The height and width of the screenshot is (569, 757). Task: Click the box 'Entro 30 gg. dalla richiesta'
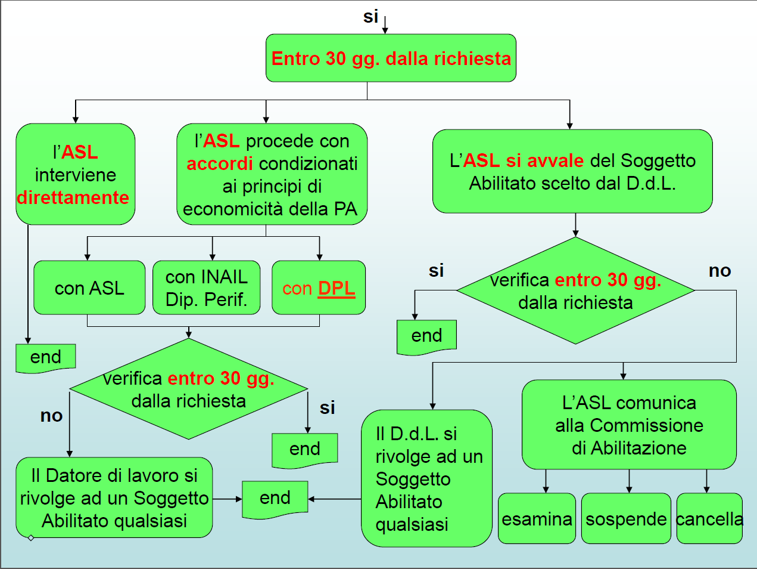tap(391, 58)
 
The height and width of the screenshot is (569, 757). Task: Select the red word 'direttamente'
tap(73, 197)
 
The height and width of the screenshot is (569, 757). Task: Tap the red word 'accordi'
tap(220, 163)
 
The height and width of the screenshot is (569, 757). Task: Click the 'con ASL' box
tap(89, 287)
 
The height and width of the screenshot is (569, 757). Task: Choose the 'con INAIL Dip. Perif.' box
tap(206, 287)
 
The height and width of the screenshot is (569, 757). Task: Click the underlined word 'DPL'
tap(337, 288)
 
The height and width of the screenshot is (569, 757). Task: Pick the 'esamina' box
tap(537, 518)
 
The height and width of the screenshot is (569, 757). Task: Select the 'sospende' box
tap(626, 518)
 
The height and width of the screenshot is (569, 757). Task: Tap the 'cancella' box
tap(709, 518)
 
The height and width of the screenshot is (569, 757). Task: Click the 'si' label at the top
tap(370, 17)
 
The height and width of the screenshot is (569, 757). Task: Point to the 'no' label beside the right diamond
tap(719, 271)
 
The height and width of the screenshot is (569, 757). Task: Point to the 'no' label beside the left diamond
tap(51, 416)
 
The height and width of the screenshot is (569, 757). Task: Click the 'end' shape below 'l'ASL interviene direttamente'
tap(45, 358)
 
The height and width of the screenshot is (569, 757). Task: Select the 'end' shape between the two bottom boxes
tap(275, 499)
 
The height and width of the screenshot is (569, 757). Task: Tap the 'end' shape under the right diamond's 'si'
tap(426, 337)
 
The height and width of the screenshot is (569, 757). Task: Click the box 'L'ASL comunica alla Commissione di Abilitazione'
tap(629, 424)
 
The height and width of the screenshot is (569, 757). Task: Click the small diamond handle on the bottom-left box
tap(31, 538)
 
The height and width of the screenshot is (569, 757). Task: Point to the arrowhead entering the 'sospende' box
tap(629, 490)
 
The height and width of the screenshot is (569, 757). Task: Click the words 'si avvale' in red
tap(544, 160)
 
